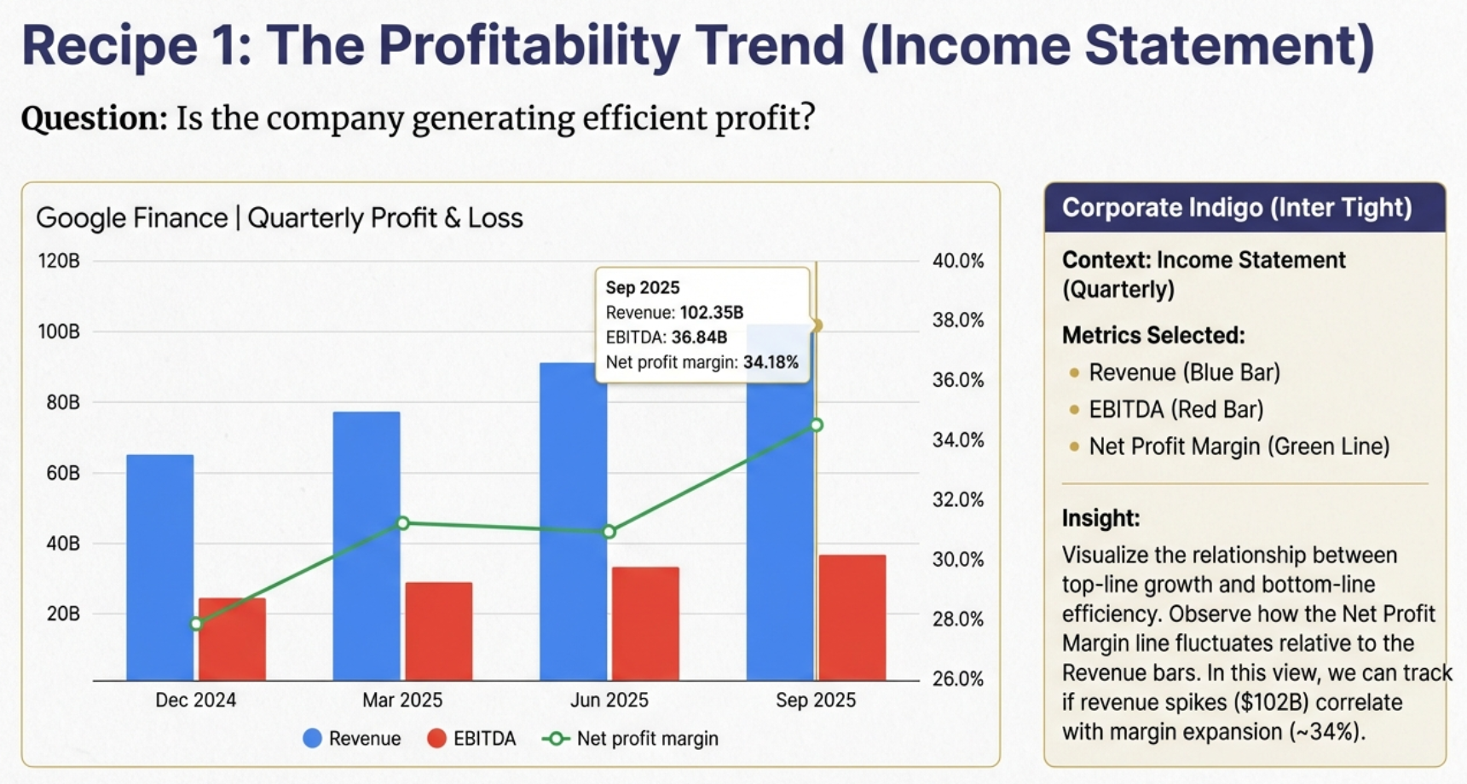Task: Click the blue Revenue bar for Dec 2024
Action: click(159, 567)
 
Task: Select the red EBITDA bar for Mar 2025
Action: click(438, 631)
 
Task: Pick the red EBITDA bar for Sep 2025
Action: click(852, 617)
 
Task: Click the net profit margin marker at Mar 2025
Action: click(403, 522)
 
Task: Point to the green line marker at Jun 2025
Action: click(609, 532)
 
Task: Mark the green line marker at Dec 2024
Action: click(196, 624)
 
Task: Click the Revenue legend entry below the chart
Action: click(352, 738)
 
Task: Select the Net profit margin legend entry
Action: click(631, 738)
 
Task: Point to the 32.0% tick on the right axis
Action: click(957, 499)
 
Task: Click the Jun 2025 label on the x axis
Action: click(609, 700)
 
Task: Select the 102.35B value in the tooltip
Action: click(711, 313)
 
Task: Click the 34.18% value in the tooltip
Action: click(771, 362)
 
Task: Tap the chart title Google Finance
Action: click(131, 218)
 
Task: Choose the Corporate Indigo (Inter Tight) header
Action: click(1236, 208)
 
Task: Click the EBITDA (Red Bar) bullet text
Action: click(1175, 410)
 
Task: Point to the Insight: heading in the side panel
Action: click(1100, 518)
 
